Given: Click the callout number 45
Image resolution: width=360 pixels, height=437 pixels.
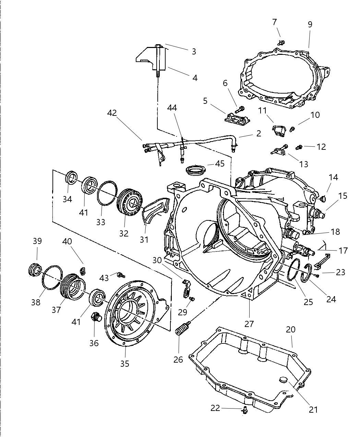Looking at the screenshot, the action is pyautogui.click(x=219, y=164).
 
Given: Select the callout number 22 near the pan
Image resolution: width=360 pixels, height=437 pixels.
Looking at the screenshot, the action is pyautogui.click(x=215, y=408).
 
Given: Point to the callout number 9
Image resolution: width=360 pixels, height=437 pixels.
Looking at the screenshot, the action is pyautogui.click(x=310, y=24).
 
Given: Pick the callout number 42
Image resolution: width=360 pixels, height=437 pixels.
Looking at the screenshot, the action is pyautogui.click(x=112, y=113).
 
